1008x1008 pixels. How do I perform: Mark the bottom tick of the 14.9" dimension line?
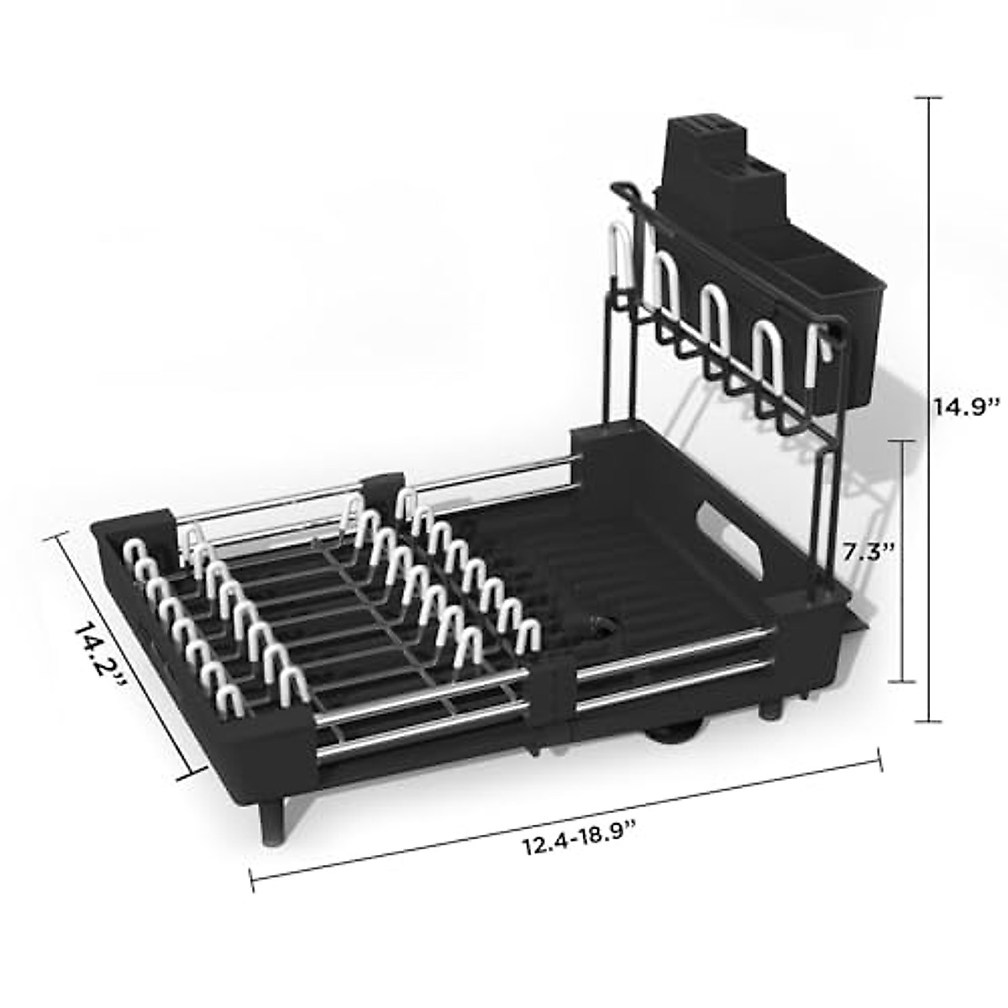(x=928, y=722)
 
